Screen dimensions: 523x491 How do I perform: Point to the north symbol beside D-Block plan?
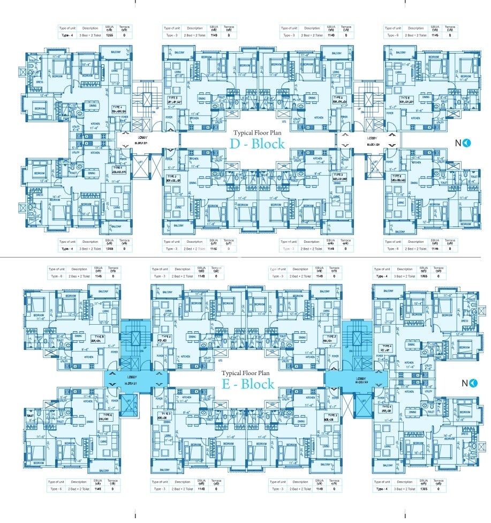464,143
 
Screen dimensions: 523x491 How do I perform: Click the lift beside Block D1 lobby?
145,167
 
